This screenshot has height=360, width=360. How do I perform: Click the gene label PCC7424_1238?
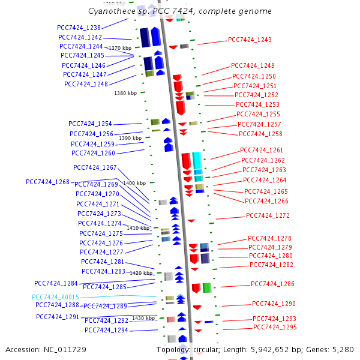pyautogui.click(x=79, y=28)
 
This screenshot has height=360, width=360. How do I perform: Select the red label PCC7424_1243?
pyautogui.click(x=250, y=40)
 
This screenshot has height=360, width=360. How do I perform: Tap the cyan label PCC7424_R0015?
pyautogui.click(x=55, y=297)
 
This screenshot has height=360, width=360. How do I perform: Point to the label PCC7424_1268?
pyautogui.click(x=47, y=182)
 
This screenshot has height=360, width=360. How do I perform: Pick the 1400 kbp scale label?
pyautogui.click(x=134, y=183)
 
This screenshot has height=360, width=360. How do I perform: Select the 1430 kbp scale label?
pyautogui.click(x=143, y=318)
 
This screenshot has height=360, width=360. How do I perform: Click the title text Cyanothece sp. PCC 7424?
pyautogui.click(x=137, y=11)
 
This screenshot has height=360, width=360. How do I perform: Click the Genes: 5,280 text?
pyautogui.click(x=336, y=349)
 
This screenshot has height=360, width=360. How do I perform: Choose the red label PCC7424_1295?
pyautogui.click(x=275, y=327)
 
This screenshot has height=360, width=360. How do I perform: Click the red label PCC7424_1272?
pyautogui.click(x=268, y=215)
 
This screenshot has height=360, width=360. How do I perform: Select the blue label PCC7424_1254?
pyautogui.click(x=90, y=124)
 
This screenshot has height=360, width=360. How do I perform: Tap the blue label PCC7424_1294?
pyautogui.click(x=106, y=330)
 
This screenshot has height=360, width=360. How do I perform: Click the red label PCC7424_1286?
pyautogui.click(x=272, y=284)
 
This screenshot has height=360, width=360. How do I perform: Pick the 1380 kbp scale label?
pyautogui.click(x=125, y=93)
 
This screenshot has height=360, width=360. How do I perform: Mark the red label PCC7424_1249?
pyautogui.click(x=253, y=65)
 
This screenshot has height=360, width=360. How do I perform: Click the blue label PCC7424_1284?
pyautogui.click(x=56, y=283)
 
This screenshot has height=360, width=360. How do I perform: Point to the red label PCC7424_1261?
pyautogui.click(x=262, y=150)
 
